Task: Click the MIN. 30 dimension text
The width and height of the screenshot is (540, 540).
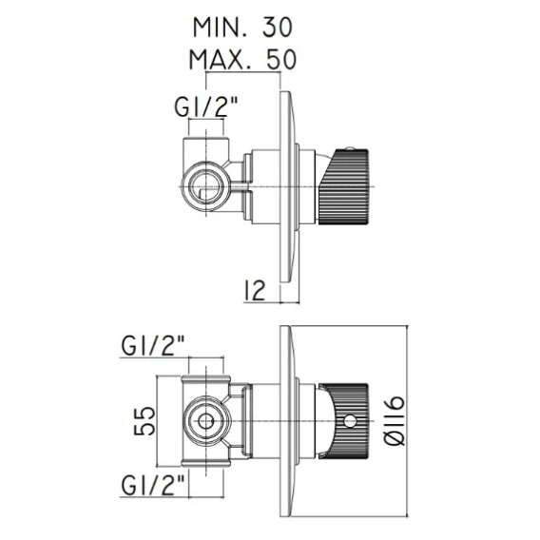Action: click(242, 28)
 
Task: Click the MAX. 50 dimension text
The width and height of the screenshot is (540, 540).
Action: click(242, 59)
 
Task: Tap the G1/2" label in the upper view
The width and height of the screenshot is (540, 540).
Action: click(206, 106)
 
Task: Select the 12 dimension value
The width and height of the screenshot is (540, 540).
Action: click(255, 290)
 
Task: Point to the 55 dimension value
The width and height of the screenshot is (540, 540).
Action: click(145, 421)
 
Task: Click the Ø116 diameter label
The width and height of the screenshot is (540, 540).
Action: click(394, 420)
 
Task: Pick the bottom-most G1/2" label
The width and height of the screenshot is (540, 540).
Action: click(153, 484)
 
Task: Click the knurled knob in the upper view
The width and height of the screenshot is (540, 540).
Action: click(345, 187)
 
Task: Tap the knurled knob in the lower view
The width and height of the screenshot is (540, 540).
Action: click(344, 420)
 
